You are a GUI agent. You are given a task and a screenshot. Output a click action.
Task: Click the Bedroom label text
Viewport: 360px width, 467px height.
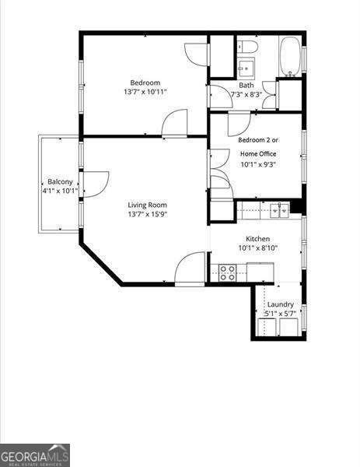(x=145, y=83)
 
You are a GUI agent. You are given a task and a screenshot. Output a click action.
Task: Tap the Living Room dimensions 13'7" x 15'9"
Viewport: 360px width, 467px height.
(x=145, y=214)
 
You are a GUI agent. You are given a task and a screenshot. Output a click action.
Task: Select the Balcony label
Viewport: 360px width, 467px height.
(x=60, y=181)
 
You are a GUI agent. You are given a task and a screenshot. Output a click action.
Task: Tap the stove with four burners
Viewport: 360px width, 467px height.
(x=227, y=272)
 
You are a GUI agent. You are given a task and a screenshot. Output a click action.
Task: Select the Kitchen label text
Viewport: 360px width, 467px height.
(x=257, y=239)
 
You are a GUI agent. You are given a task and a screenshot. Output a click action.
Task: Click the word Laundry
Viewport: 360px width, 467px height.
(x=280, y=304)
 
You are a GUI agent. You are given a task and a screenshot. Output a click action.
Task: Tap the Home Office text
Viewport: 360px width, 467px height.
(x=257, y=153)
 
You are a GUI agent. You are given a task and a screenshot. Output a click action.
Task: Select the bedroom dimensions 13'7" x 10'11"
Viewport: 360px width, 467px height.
(x=145, y=92)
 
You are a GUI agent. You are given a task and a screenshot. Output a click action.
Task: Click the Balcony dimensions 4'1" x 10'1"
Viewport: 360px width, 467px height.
(x=60, y=191)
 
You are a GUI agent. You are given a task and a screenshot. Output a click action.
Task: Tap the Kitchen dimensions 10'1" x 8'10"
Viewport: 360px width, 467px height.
(x=257, y=248)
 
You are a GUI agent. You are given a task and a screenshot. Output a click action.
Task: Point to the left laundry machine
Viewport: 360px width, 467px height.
(x=265, y=326)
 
